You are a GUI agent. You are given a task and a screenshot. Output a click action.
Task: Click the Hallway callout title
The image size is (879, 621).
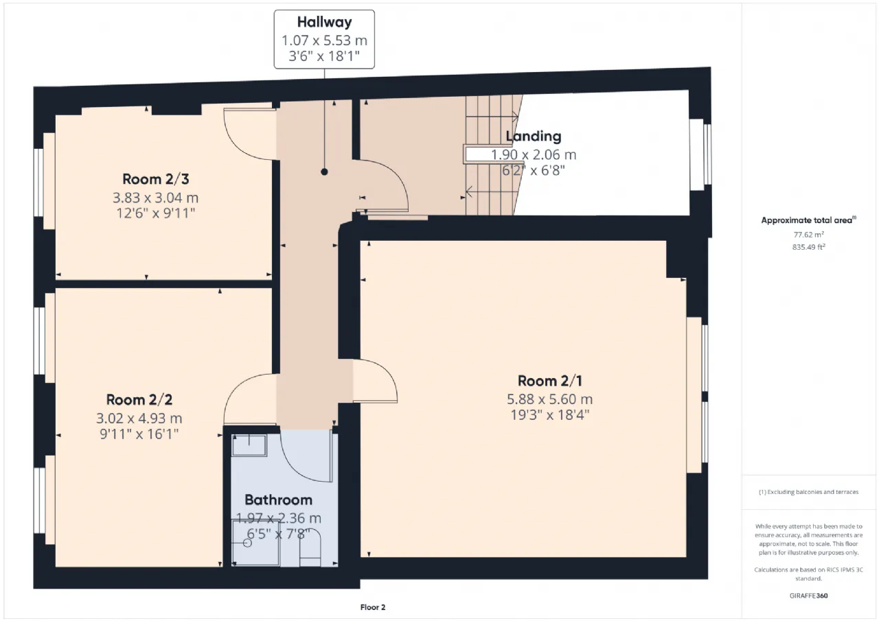324,22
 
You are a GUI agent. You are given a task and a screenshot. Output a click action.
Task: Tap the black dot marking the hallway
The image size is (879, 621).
324,172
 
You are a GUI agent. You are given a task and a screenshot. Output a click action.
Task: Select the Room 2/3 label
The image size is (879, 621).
156,179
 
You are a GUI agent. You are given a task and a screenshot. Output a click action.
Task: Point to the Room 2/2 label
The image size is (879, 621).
139,400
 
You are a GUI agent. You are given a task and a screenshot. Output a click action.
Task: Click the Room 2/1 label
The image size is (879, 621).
550,381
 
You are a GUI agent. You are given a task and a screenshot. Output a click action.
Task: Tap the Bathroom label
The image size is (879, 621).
279,500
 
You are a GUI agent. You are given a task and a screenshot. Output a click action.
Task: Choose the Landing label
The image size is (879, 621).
534,136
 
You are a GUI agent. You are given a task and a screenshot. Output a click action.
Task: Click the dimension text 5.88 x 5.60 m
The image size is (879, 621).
550,399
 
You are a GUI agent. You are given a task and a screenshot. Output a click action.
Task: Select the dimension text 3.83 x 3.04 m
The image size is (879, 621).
156,198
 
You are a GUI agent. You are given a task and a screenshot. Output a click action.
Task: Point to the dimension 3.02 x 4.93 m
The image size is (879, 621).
139,419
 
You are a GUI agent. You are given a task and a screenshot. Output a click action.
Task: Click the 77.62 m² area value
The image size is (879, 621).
808,235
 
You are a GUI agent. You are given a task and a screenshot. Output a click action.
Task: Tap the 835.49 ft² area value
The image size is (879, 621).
808,247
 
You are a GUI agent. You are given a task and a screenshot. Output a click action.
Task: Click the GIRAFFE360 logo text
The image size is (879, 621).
808,596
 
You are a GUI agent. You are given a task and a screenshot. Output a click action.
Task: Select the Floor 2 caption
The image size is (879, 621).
373,607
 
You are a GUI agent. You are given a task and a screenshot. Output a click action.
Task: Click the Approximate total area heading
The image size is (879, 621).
808,220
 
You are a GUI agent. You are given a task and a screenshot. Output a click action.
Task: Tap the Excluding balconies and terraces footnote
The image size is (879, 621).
808,491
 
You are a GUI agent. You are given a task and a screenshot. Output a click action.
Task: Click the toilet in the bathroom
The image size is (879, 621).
310,548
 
